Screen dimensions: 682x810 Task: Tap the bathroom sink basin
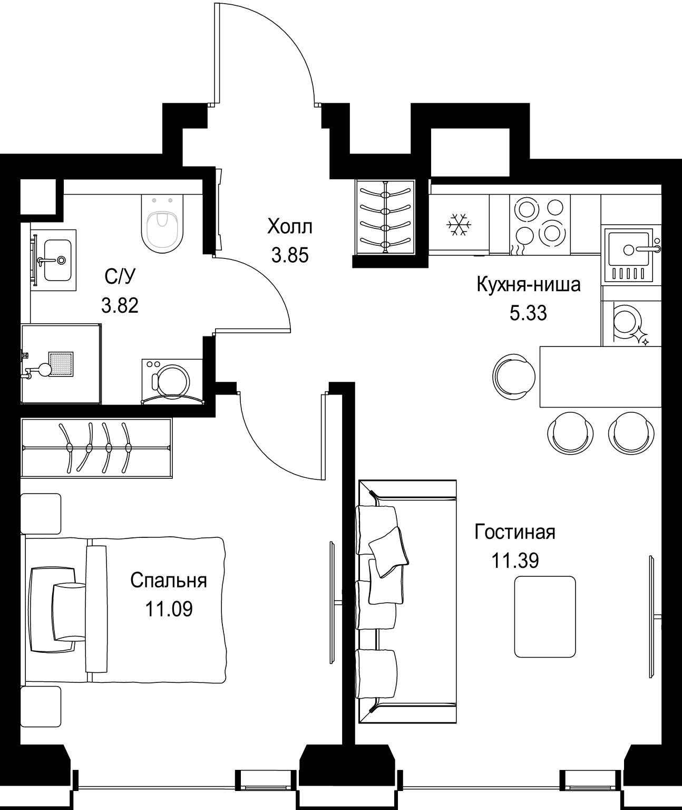[58, 260]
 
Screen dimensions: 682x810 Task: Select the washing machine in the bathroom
[172, 381]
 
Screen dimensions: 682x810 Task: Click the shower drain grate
[61, 364]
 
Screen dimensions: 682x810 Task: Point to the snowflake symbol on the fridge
[459, 225]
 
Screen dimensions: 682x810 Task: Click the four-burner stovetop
[539, 224]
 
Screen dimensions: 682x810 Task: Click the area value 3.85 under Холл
[290, 256]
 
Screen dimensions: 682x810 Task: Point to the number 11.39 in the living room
[515, 561]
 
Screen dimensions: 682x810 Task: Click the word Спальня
[169, 581]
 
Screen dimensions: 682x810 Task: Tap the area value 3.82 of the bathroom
[120, 306]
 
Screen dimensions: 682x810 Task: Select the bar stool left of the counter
[514, 377]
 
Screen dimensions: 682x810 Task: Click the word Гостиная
[515, 532]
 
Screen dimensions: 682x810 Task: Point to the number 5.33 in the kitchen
[528, 313]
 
